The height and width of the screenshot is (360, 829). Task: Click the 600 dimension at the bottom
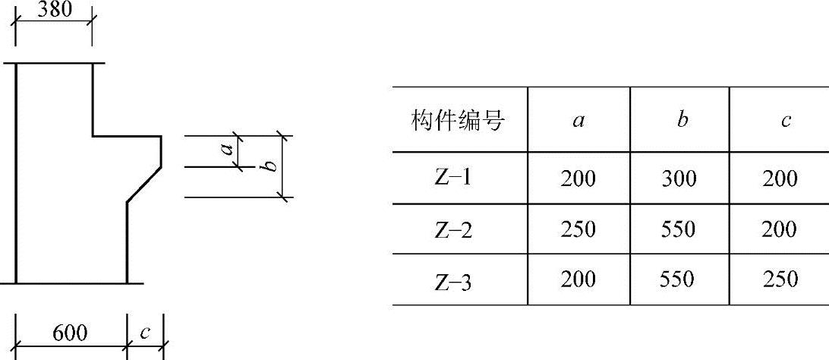(x=71, y=333)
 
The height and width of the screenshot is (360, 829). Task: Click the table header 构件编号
(x=459, y=121)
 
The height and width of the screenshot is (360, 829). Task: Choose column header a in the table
(x=578, y=121)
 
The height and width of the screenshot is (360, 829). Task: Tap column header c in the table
(x=786, y=121)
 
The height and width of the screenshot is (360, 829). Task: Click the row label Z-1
(x=453, y=178)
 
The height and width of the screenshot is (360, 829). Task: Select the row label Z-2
(x=453, y=229)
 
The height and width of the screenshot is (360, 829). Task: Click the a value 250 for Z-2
(x=578, y=229)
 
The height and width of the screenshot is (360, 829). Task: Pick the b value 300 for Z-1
(x=679, y=178)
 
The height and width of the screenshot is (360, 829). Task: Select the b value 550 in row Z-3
(x=677, y=279)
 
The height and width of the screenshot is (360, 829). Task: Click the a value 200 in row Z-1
(x=578, y=178)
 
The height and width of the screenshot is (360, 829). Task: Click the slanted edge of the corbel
(x=143, y=184)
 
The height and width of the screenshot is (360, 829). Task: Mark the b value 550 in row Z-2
(x=679, y=229)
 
